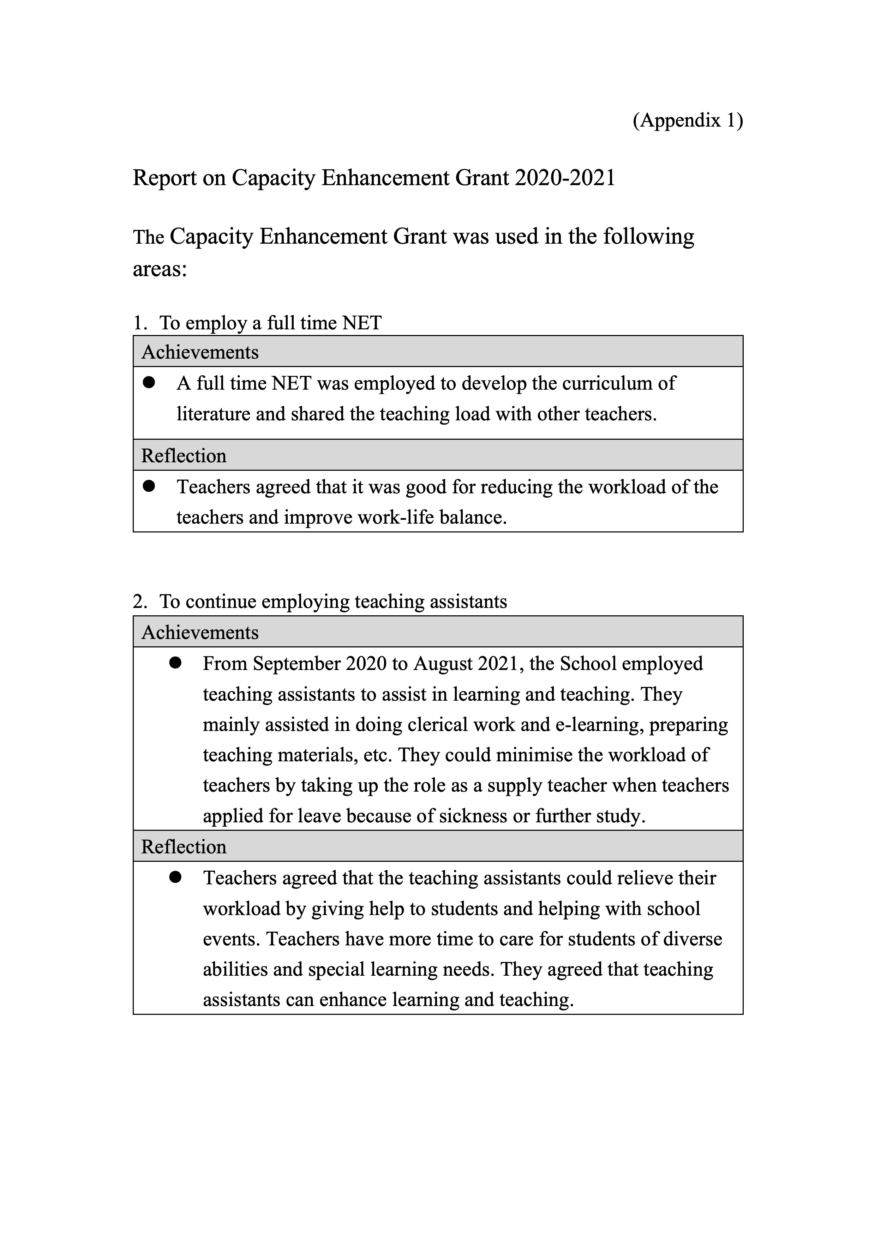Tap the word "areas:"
point(160,268)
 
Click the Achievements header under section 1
point(200,352)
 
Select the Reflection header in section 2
point(184,846)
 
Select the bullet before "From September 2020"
point(175,663)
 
